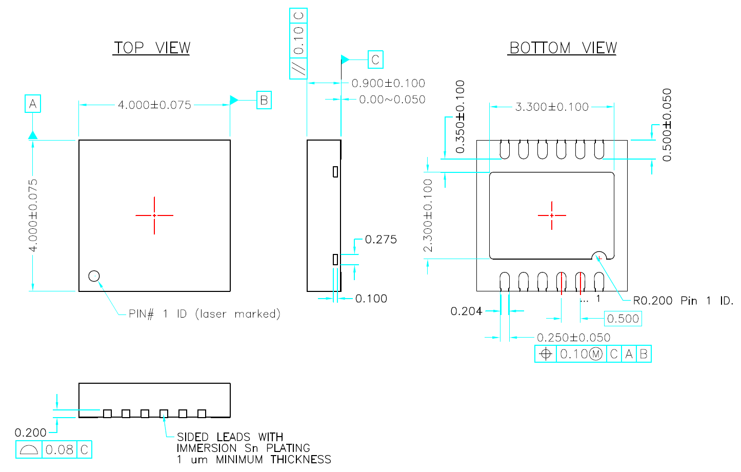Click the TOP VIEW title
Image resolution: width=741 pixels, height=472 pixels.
coord(152,48)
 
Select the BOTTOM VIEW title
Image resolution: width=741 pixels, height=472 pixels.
coord(563,48)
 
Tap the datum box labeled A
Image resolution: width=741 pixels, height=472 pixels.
coord(33,104)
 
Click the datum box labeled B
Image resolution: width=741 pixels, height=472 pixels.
coord(264,100)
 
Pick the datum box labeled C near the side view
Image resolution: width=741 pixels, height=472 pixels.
coord(375,60)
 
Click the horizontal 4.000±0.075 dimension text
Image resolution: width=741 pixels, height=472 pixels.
coord(154,105)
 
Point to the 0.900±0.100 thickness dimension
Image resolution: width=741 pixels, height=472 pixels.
coord(388,83)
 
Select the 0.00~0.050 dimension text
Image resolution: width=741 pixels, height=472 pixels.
coord(392,100)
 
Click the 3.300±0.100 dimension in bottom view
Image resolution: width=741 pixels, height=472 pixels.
coord(552,107)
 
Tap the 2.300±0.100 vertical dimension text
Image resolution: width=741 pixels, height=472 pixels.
coord(428,215)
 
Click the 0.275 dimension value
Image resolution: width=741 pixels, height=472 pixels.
coord(380,240)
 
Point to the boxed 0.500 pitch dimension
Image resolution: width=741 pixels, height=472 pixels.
coord(623,319)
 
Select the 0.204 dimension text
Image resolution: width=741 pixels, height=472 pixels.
coord(466,311)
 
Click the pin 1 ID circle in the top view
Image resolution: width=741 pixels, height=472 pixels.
coord(94,276)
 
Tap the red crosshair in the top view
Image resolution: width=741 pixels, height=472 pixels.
coord(154,215)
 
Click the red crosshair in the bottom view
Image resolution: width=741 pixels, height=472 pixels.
coord(552,215)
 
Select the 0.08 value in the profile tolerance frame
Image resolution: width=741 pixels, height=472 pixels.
coord(59,450)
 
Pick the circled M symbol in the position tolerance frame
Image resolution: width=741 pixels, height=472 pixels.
coord(596,354)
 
